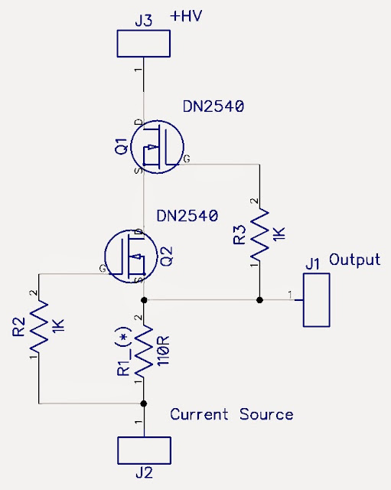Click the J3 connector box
point(143,44)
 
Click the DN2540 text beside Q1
point(213,107)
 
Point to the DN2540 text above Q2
point(187,216)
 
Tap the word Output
point(354,260)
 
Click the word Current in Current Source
point(198,414)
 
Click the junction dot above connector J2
point(143,403)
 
